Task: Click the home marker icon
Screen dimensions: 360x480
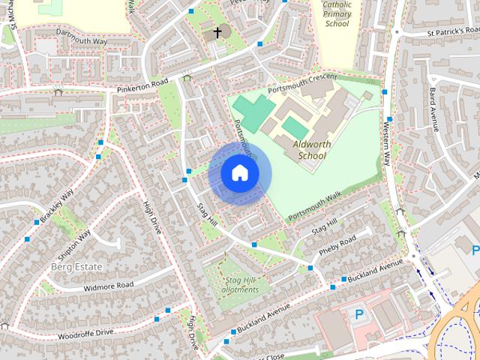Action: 239,173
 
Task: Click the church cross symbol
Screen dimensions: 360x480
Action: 218,32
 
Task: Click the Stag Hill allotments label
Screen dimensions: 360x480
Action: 242,285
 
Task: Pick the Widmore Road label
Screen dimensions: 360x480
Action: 109,285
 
